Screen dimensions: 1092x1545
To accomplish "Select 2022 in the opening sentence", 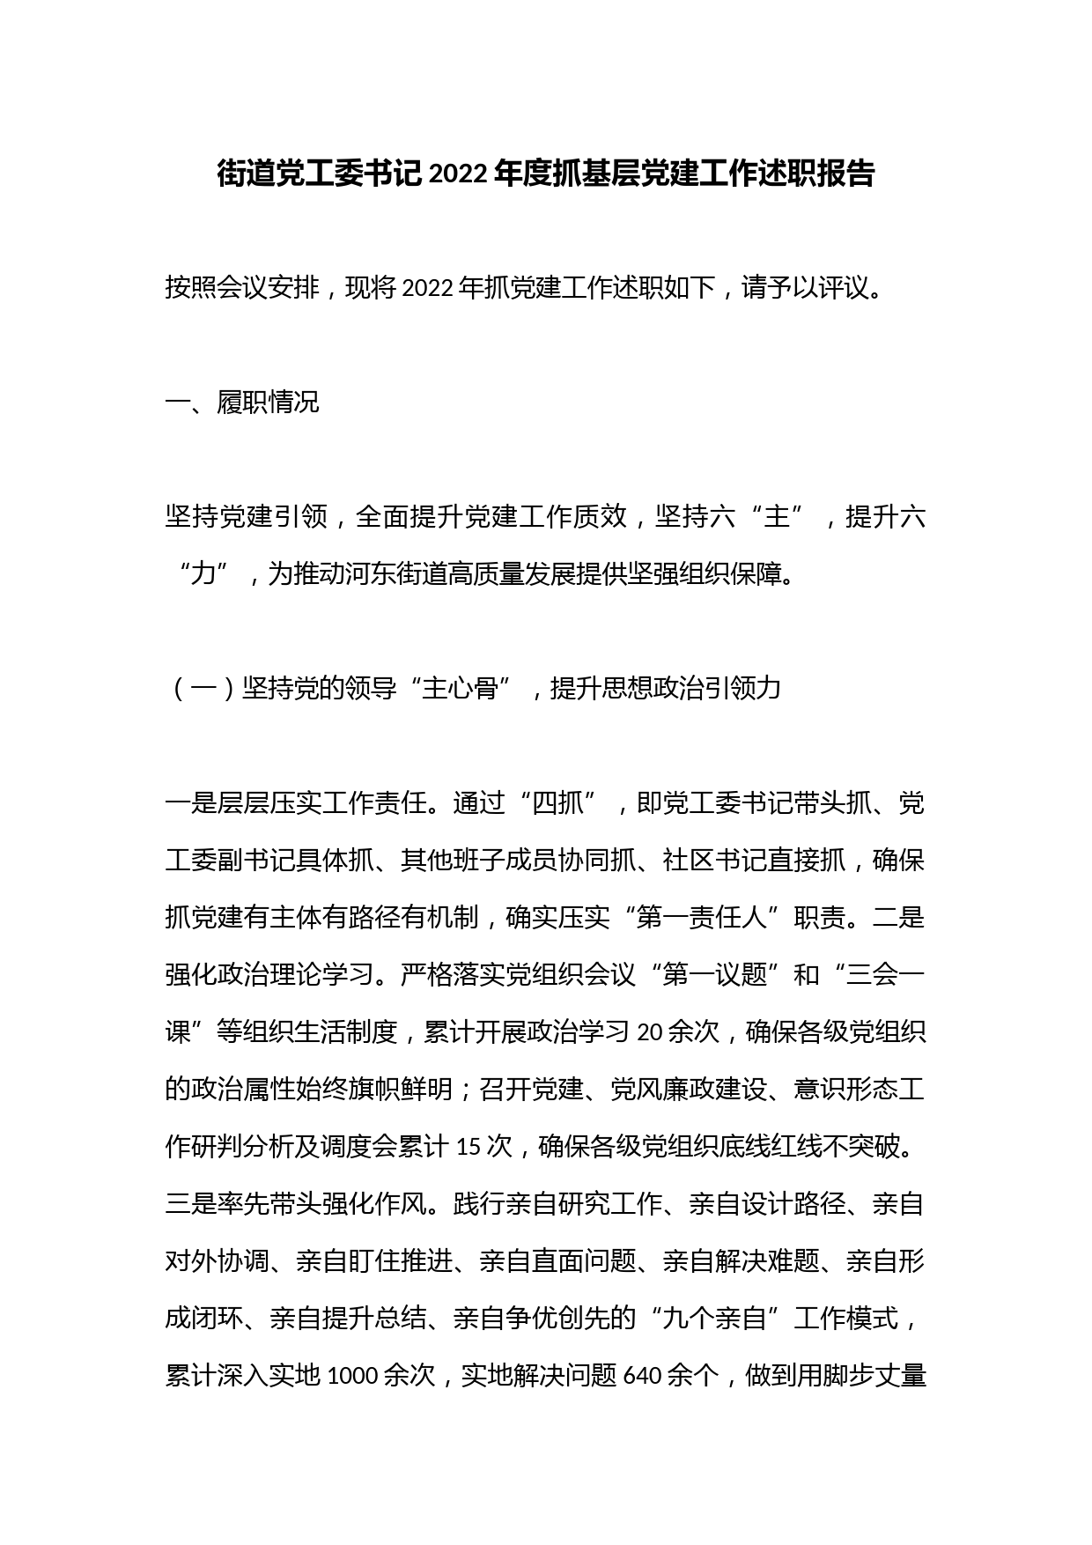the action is (426, 288).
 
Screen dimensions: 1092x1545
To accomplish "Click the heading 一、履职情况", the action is (242, 403).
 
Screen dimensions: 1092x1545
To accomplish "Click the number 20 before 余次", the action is (649, 1032).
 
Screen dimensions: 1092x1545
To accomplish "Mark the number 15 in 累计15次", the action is (469, 1147).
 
